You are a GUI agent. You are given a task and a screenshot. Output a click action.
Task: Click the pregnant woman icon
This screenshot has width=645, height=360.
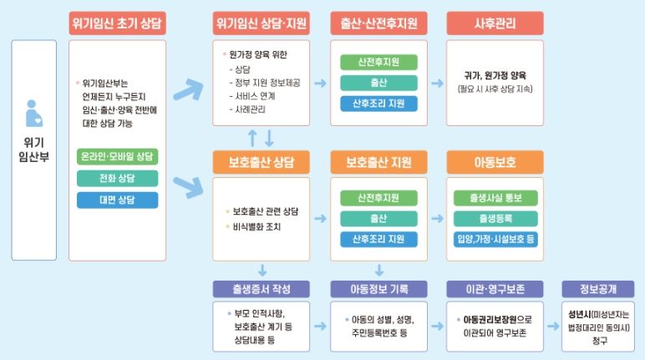(33, 114)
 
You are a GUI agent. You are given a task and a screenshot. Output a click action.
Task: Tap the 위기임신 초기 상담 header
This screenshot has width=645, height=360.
(117, 23)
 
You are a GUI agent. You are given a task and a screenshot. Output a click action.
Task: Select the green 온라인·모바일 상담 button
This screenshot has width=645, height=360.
(117, 156)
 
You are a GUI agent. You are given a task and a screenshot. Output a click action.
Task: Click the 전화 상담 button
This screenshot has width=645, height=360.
(117, 178)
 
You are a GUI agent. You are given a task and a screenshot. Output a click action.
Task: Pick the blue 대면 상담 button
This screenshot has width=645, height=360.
(117, 200)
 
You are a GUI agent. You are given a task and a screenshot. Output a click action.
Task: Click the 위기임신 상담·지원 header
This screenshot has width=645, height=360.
(262, 23)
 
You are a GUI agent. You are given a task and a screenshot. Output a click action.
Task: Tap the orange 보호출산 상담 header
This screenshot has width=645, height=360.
(262, 162)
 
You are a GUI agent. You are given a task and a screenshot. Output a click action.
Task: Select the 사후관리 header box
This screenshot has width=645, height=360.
(495, 23)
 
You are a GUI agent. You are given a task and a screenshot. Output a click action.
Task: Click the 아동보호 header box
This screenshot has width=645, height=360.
(495, 162)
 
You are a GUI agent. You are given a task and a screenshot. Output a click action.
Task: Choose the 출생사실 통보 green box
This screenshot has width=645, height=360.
(495, 198)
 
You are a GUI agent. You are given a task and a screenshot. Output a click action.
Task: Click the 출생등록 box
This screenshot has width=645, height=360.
(495, 219)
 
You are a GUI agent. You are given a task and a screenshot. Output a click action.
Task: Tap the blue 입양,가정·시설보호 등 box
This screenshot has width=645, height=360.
(495, 239)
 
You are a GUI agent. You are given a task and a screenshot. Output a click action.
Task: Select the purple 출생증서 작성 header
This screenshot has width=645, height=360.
(262, 289)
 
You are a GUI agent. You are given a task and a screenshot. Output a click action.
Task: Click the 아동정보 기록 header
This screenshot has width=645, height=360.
(378, 289)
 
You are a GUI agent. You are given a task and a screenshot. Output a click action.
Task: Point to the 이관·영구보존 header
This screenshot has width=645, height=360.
(495, 289)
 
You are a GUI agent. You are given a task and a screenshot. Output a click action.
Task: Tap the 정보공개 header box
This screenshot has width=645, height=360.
(598, 289)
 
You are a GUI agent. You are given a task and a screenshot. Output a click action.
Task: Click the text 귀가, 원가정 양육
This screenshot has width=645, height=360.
(495, 75)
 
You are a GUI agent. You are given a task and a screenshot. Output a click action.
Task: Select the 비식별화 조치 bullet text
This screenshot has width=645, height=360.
(256, 226)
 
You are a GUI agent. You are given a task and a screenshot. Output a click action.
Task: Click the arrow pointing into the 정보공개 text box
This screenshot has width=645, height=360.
(553, 327)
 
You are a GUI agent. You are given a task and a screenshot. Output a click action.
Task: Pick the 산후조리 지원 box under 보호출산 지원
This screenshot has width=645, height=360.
(378, 239)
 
